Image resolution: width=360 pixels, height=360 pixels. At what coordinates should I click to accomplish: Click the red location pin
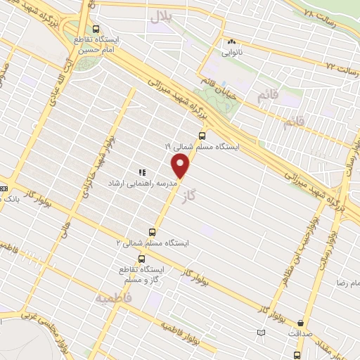[181, 166]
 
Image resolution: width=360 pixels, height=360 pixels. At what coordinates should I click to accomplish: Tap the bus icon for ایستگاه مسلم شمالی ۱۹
[202, 136]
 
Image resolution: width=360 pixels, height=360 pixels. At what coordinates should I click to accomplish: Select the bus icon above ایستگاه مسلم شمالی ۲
[152, 232]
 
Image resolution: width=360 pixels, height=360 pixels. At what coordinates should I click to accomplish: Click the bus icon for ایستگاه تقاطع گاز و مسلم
[142, 259]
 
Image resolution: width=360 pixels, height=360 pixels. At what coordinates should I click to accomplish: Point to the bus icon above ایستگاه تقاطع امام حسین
[96, 30]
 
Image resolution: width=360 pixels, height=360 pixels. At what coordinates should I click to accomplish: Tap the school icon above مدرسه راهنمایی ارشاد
[141, 172]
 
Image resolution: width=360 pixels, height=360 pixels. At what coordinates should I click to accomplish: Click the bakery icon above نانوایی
[231, 42]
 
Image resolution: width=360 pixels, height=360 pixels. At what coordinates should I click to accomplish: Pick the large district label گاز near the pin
[186, 193]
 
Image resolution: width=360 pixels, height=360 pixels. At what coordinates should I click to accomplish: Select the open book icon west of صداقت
[262, 332]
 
